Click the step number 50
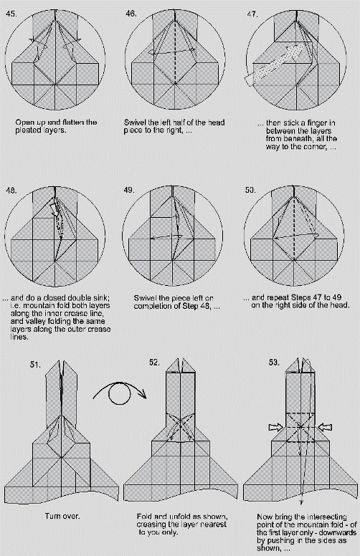click(251, 189)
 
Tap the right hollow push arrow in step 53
click(326, 428)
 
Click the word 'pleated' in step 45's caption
click(32, 131)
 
